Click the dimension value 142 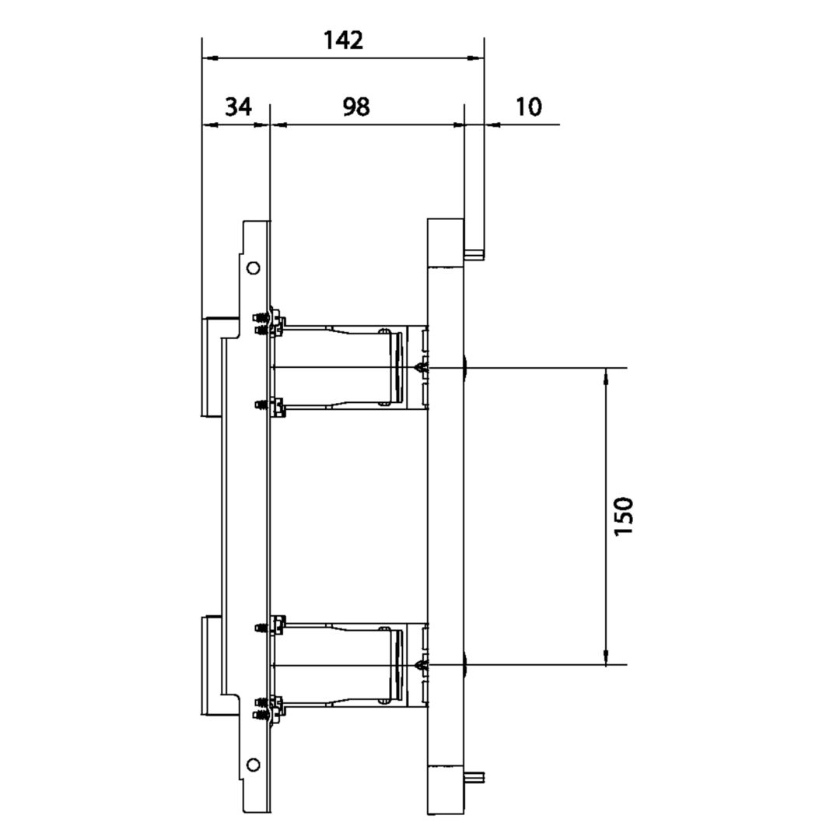pos(344,40)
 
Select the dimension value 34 pos(238,107)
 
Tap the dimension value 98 pos(356,107)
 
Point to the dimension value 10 pos(529,107)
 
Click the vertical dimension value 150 pos(624,516)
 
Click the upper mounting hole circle pos(253,268)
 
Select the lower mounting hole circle pos(253,765)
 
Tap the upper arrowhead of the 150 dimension pos(606,376)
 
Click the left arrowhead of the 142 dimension pos(210,58)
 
